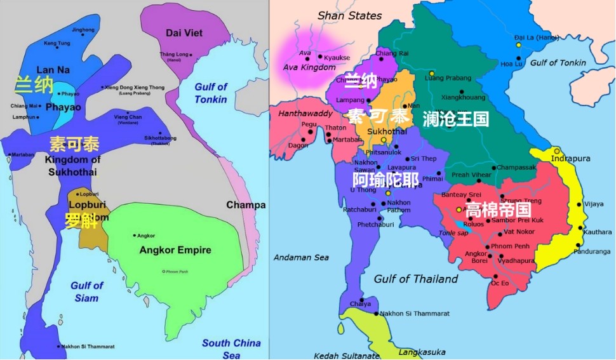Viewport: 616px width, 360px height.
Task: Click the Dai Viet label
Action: click(x=184, y=32)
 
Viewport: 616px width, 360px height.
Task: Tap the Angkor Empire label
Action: click(x=175, y=250)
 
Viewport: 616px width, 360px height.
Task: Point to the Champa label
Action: click(x=246, y=205)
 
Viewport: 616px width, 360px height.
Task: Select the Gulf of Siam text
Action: click(x=87, y=292)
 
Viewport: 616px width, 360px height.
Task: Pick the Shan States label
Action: click(x=349, y=15)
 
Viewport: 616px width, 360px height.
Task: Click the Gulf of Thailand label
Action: click(x=415, y=279)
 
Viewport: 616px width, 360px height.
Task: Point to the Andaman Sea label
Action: click(x=301, y=258)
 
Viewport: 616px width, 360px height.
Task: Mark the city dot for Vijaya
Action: click(x=579, y=204)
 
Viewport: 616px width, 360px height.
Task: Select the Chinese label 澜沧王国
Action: click(x=455, y=119)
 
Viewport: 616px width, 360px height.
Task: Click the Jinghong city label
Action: click(x=83, y=30)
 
